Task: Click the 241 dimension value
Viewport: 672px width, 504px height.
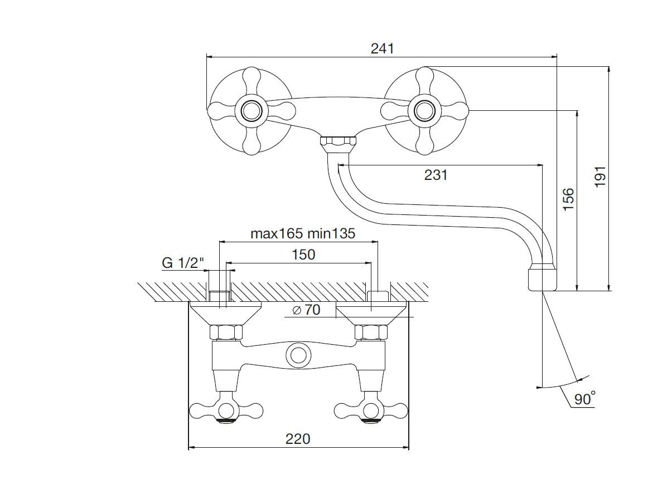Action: [x=382, y=48]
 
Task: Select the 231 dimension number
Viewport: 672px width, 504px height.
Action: [x=436, y=175]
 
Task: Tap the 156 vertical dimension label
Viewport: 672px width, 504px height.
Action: [x=568, y=199]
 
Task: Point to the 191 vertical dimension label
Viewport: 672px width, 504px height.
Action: [x=600, y=177]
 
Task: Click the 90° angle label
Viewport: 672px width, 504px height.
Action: [x=584, y=398]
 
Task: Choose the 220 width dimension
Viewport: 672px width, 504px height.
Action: [x=298, y=439]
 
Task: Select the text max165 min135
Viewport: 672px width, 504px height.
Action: [x=302, y=233]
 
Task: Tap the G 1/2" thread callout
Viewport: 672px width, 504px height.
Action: [x=183, y=263]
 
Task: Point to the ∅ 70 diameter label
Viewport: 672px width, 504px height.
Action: [x=307, y=310]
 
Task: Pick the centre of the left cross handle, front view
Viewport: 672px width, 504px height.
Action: [x=251, y=110]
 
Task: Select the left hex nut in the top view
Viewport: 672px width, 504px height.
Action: [x=225, y=333]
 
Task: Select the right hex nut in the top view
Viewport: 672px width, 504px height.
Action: [x=371, y=333]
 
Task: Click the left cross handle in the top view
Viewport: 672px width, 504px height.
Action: [x=225, y=411]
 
